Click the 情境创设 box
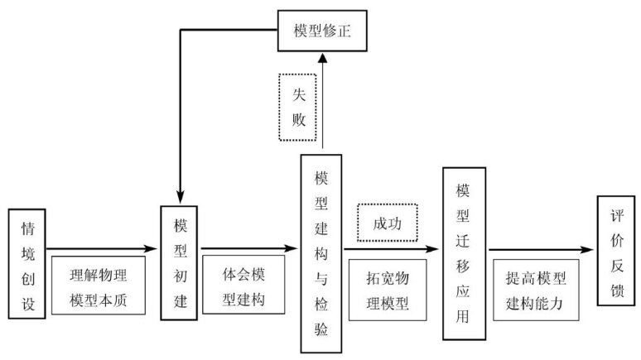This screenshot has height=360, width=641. point(27,263)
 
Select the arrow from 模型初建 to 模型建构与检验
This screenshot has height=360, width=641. point(249,247)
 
